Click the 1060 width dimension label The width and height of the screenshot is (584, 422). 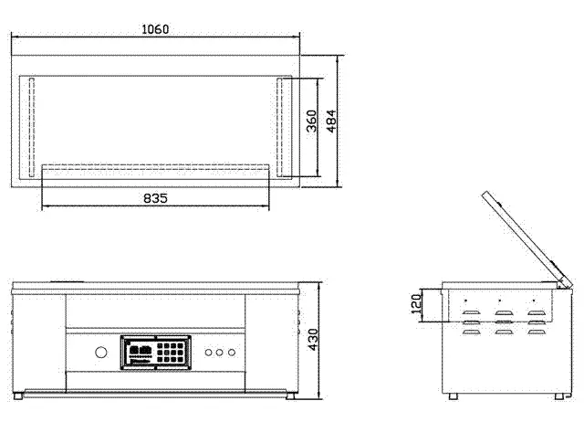(155, 28)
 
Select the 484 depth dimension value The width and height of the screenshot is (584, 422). (331, 121)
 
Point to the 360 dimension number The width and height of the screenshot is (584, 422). (311, 121)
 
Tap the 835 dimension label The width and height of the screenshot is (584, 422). (155, 198)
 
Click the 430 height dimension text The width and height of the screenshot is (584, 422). (313, 340)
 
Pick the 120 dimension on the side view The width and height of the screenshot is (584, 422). (416, 303)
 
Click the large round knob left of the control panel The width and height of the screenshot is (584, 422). (101, 353)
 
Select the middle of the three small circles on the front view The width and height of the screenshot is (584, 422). (220, 353)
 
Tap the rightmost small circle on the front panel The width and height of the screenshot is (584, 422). (232, 353)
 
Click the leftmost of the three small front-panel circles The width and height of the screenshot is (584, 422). (209, 353)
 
